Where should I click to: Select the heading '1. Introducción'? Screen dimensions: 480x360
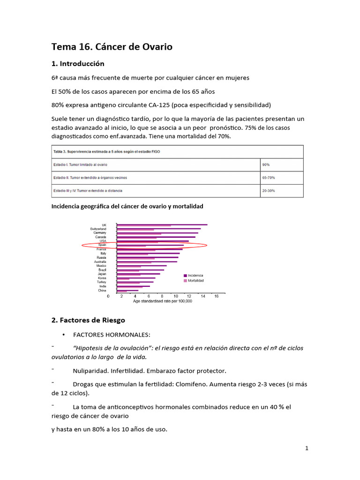click(77, 63)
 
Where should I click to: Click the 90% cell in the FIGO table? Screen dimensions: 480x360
click(266, 165)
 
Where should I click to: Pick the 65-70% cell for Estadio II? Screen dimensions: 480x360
click(269, 178)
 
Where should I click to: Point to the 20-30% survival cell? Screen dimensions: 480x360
click(269, 191)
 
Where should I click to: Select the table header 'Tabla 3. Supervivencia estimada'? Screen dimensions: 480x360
click(105, 151)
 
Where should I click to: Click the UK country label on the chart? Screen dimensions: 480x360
click(104, 225)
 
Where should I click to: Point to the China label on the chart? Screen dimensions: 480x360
click(102, 291)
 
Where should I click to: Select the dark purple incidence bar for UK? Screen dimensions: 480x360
click(162, 225)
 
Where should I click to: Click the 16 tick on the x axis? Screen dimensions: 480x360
click(216, 296)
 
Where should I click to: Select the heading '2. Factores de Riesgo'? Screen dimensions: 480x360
click(88, 320)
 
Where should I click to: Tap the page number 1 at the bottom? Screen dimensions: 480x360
click(307, 448)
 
